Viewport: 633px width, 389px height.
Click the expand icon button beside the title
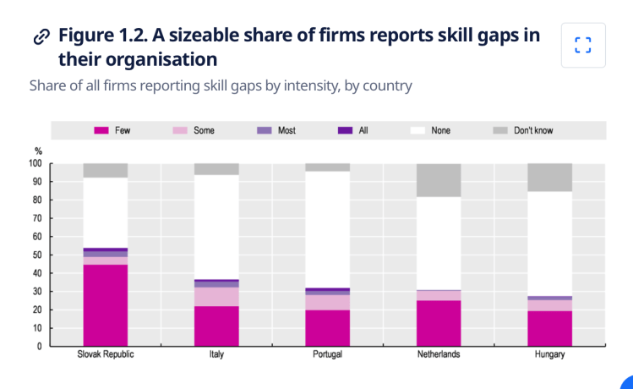pos(582,45)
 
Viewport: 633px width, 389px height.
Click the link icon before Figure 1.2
pos(40,36)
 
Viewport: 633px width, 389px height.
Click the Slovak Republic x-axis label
pos(106,354)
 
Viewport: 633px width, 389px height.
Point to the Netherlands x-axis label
pos(439,354)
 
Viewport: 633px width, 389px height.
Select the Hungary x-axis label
pos(549,354)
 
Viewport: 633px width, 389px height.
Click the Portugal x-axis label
pos(327,354)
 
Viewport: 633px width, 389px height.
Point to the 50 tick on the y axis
pos(35,255)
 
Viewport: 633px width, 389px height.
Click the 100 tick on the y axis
pos(33,163)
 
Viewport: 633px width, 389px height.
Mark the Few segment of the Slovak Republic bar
pos(106,304)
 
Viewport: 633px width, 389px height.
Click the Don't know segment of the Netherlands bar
pos(439,180)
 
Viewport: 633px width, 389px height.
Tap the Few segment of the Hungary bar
pos(549,328)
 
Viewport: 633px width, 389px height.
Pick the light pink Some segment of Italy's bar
pos(216,297)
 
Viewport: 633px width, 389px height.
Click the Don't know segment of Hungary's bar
pos(549,177)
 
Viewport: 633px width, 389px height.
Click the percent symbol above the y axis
pos(37,151)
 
